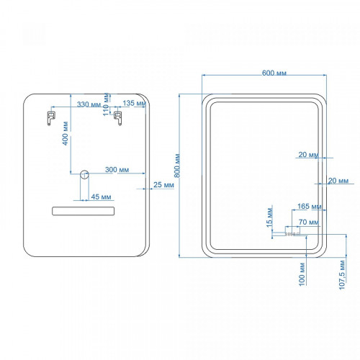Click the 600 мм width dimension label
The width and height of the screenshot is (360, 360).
pos(274,73)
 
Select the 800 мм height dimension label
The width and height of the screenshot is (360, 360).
pos(177,166)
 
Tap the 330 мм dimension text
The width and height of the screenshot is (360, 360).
pos(89,104)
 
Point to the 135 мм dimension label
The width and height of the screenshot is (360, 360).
pos(134,103)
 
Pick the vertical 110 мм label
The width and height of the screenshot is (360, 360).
pos(106,104)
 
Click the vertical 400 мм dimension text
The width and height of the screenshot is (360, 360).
pos(65,133)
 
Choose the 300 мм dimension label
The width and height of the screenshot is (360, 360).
pos(117,170)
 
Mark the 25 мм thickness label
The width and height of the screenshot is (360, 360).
pos(163,185)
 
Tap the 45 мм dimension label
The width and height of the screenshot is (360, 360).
pos(101,197)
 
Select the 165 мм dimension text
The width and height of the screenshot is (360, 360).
pos(310,206)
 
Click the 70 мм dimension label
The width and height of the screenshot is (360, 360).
pos(309,222)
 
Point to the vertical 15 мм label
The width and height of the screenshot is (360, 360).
pos(269,217)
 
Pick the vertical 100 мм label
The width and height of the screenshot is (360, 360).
pos(302,274)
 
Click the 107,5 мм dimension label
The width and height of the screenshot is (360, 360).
pos(342,275)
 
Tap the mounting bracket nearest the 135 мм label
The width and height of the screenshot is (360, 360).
pos(118,118)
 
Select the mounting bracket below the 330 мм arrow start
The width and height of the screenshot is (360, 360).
pos(51,118)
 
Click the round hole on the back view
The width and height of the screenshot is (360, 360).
pos(84,174)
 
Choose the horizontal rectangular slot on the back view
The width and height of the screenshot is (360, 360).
pos(84,211)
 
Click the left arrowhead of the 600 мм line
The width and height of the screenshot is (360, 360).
pos(204,75)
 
